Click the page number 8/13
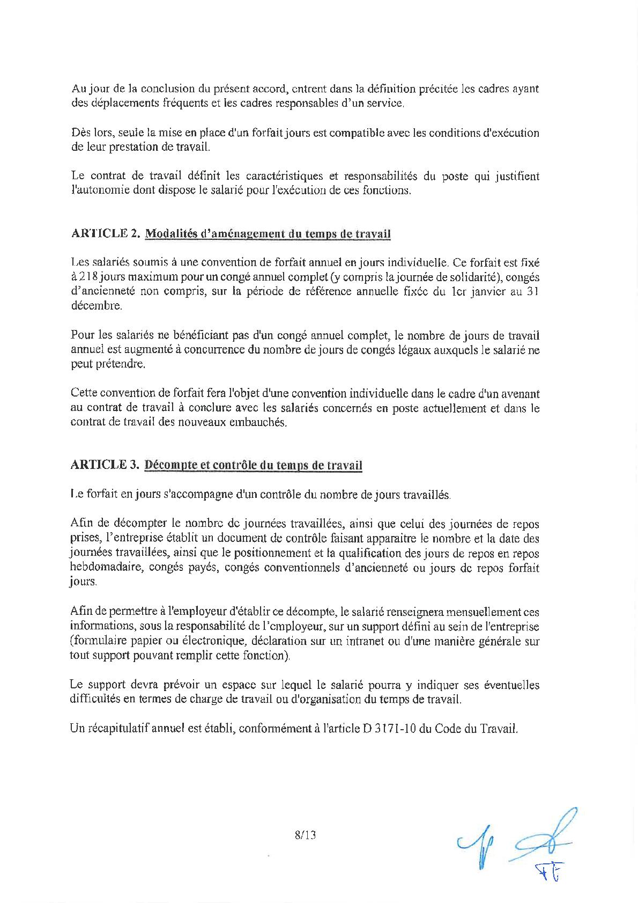(305, 835)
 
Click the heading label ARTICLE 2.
(105, 233)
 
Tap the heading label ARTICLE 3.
(105, 465)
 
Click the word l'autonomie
(100, 190)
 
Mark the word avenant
(518, 394)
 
